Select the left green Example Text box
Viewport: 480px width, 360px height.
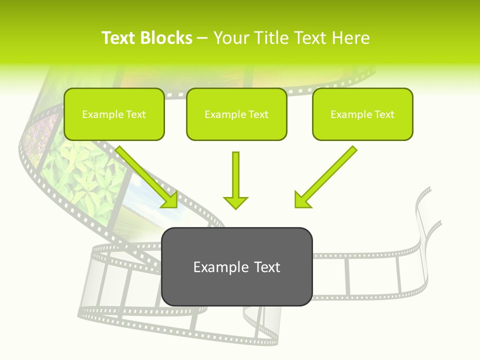pyautogui.click(x=114, y=114)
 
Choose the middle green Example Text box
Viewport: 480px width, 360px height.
pyautogui.click(x=236, y=114)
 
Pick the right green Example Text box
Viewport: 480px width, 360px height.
pyautogui.click(x=362, y=114)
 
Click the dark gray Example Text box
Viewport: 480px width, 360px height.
pyautogui.click(x=237, y=266)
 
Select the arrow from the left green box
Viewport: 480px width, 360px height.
pyautogui.click(x=147, y=177)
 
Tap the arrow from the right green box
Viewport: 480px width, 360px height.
pyautogui.click(x=325, y=177)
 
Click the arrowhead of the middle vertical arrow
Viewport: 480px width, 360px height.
pyautogui.click(x=236, y=202)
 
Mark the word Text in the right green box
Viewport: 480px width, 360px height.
pyautogui.click(x=384, y=114)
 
